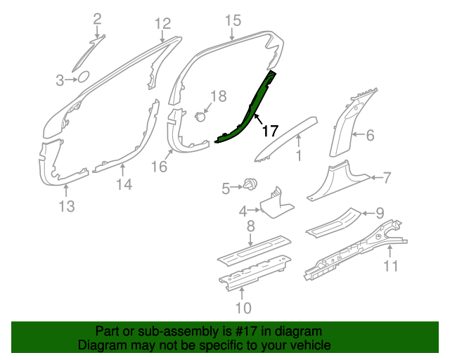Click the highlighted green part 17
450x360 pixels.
point(249,112)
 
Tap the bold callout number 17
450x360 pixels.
point(270,131)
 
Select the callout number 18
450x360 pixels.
point(219,96)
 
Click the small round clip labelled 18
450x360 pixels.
point(200,117)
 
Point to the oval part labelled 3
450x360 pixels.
point(83,77)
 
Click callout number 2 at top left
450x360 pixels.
point(98,19)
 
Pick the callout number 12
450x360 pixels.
point(163,23)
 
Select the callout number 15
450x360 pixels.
point(233,20)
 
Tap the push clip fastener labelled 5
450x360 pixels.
point(250,184)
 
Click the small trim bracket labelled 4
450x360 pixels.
point(276,205)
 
